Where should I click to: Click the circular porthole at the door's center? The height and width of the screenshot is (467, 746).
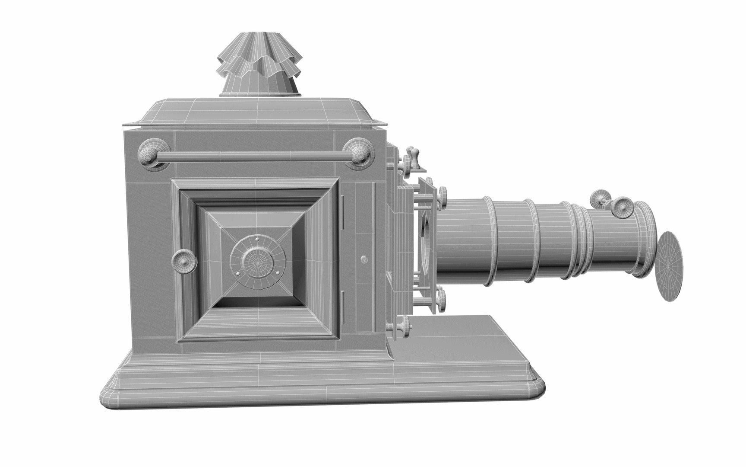258,261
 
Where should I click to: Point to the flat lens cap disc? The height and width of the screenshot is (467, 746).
671,266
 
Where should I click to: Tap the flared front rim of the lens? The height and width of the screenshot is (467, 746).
645,240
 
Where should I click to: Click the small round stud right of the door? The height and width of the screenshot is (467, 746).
364,259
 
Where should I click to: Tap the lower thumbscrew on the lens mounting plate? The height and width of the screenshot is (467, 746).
441,298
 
